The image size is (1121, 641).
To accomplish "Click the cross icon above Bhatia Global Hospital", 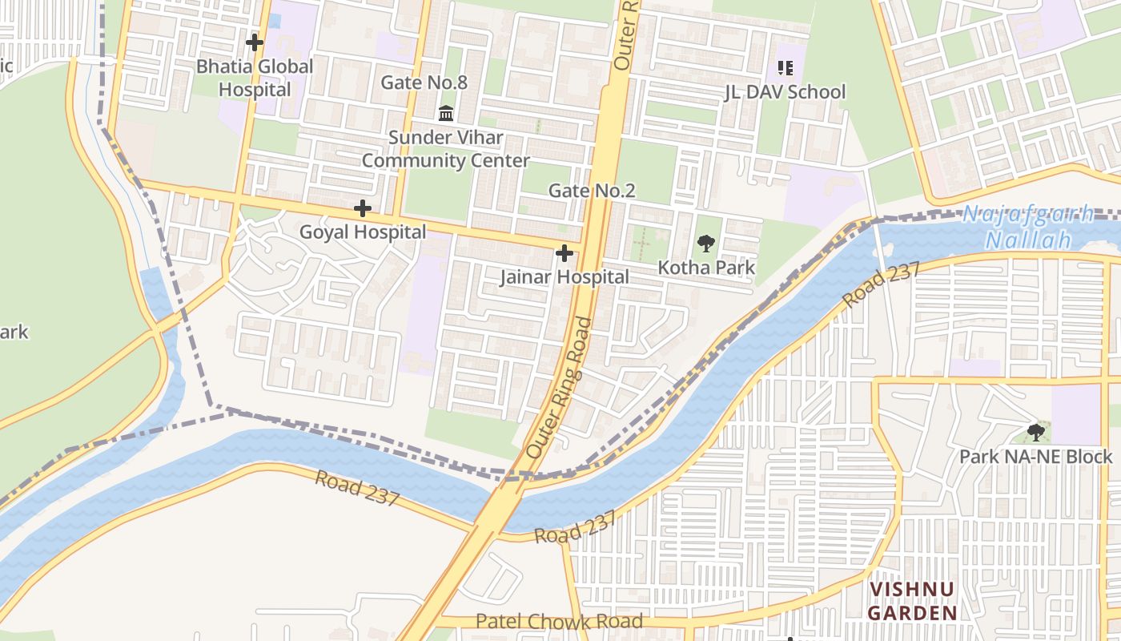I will (255, 42).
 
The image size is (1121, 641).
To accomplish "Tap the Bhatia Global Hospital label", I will (255, 78).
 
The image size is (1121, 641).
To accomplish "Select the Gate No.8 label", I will (424, 83).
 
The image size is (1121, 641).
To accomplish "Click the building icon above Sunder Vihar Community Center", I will (446, 112).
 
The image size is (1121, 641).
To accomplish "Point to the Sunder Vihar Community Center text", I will (445, 149).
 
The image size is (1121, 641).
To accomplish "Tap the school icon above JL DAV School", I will (785, 68).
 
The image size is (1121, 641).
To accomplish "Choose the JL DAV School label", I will (785, 92).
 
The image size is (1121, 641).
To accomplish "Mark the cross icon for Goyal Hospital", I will (363, 209).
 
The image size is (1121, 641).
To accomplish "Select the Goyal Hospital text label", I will (363, 232).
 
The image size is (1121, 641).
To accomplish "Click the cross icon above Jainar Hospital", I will (565, 254).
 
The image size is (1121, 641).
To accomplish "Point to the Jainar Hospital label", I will (565, 277).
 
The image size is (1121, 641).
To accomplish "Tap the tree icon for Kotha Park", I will (705, 244).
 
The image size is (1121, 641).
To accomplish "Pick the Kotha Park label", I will (706, 268).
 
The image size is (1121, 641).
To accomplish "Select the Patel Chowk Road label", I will (559, 621).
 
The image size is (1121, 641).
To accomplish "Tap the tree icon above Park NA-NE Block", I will (1036, 433).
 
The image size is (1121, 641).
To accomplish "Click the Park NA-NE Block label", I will (1036, 457).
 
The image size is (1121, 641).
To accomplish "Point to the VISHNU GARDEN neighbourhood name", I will (913, 601).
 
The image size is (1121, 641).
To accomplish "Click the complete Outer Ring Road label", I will (560, 389).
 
